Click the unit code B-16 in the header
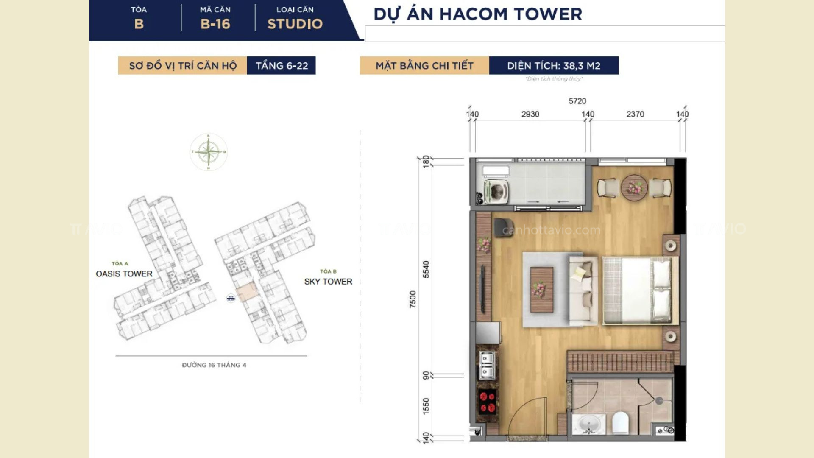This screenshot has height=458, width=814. click(x=215, y=24)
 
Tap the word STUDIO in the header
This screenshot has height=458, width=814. click(x=295, y=24)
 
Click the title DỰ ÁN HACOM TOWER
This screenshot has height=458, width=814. click(x=477, y=14)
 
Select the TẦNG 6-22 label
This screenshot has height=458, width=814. click(x=281, y=66)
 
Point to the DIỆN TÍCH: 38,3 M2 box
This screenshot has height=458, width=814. click(x=553, y=66)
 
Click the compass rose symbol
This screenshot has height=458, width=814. click(x=208, y=152)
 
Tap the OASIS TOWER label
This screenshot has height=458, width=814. click(x=124, y=274)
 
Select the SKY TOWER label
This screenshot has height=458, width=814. click(x=328, y=282)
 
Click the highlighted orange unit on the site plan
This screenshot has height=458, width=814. click(x=246, y=293)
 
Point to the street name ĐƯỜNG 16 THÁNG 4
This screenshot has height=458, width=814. click(x=214, y=365)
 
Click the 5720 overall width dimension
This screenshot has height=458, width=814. click(x=577, y=101)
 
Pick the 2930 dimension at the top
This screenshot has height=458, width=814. click(x=530, y=114)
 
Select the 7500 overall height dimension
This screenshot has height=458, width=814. click(x=413, y=299)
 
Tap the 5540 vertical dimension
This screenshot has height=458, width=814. click(x=426, y=269)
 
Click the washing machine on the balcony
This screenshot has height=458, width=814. click(x=496, y=191)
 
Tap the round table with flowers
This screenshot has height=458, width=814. click(x=634, y=187)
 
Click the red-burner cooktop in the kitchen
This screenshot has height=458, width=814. click(x=487, y=402)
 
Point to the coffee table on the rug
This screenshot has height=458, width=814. click(x=541, y=289)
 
